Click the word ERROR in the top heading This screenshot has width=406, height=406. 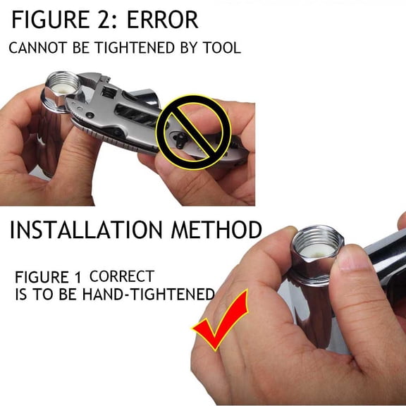click(x=163, y=20)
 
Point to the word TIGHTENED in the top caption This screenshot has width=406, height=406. click(x=135, y=48)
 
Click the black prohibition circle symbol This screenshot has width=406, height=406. click(x=193, y=133)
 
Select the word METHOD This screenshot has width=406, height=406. click(x=216, y=230)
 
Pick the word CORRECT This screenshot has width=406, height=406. click(x=122, y=276)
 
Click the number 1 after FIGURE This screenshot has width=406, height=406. click(x=78, y=277)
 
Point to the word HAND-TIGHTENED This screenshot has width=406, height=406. click(x=148, y=295)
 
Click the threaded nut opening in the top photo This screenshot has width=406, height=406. click(x=63, y=84)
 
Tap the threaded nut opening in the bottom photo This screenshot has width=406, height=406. click(x=318, y=242)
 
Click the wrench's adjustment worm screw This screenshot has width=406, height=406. click(x=109, y=92)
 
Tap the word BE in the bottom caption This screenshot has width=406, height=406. click(x=68, y=295)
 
